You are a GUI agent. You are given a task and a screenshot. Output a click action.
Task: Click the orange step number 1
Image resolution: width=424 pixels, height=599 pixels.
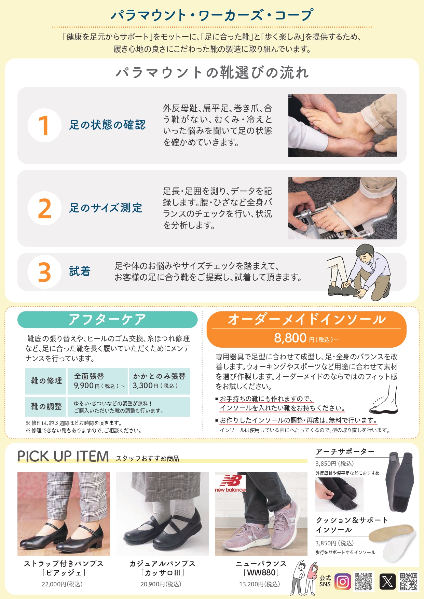[x=44, y=125]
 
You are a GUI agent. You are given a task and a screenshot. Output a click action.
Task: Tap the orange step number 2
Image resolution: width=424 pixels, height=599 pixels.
[x=44, y=209]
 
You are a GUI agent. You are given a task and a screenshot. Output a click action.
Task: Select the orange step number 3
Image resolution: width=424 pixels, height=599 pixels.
[x=44, y=272]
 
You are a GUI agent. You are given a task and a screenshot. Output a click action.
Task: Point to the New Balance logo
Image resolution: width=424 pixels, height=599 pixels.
[x=230, y=483]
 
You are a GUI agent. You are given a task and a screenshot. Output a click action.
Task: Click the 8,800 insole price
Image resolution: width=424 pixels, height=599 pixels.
[x=290, y=338]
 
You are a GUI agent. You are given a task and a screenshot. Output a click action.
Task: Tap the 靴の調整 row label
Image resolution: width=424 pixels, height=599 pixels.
[x=46, y=406]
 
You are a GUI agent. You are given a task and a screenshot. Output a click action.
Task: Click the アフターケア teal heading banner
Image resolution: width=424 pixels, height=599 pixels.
[x=107, y=320]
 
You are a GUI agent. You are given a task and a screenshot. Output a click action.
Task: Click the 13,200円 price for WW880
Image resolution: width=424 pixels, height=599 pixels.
[x=260, y=584]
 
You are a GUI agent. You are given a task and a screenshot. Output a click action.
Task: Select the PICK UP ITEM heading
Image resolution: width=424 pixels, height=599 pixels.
[x=63, y=457]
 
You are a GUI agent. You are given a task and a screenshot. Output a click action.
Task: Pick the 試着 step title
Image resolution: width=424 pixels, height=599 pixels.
[x=80, y=271]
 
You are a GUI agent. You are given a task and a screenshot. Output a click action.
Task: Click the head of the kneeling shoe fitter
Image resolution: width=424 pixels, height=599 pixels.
[x=365, y=253]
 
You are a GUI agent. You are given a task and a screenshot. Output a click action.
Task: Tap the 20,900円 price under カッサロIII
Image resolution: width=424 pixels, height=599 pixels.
[x=161, y=584]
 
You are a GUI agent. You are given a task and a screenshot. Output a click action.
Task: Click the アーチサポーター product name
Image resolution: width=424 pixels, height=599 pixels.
[x=345, y=452]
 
